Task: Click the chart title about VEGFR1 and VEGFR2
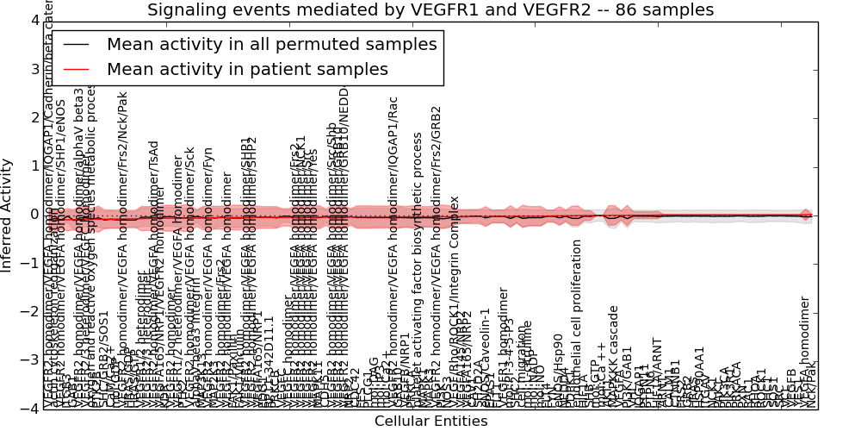pos(430,10)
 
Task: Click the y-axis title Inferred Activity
pos(7,215)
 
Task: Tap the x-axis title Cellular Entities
pos(430,421)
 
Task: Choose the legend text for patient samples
pos(248,69)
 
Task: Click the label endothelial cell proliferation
pos(577,323)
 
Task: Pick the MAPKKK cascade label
pos(614,354)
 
